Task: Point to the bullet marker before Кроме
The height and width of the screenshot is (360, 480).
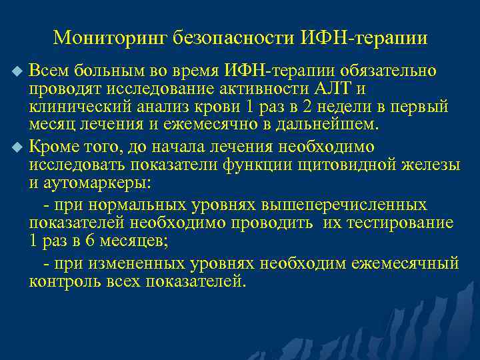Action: (17, 147)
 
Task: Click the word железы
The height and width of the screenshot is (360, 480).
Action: (434, 165)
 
